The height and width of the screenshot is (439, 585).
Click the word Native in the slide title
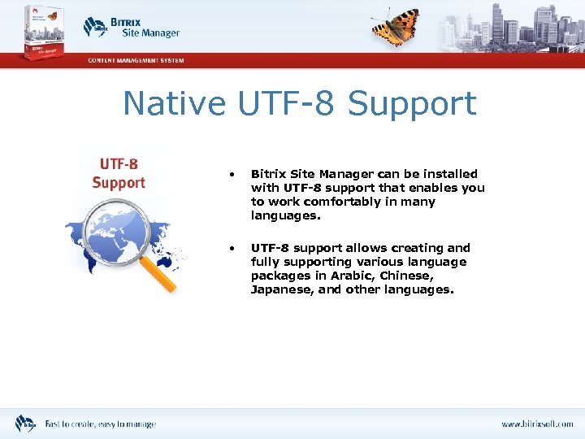click(174, 104)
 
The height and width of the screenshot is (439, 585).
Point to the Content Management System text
click(136, 61)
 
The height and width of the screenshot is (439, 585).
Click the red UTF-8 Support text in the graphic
click(118, 174)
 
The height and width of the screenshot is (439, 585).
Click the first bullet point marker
click(232, 174)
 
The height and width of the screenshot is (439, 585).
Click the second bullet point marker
click(232, 248)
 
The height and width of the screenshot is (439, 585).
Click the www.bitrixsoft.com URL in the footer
click(536, 424)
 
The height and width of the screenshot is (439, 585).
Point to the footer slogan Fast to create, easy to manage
click(100, 424)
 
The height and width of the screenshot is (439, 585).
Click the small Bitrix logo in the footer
click(25, 423)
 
